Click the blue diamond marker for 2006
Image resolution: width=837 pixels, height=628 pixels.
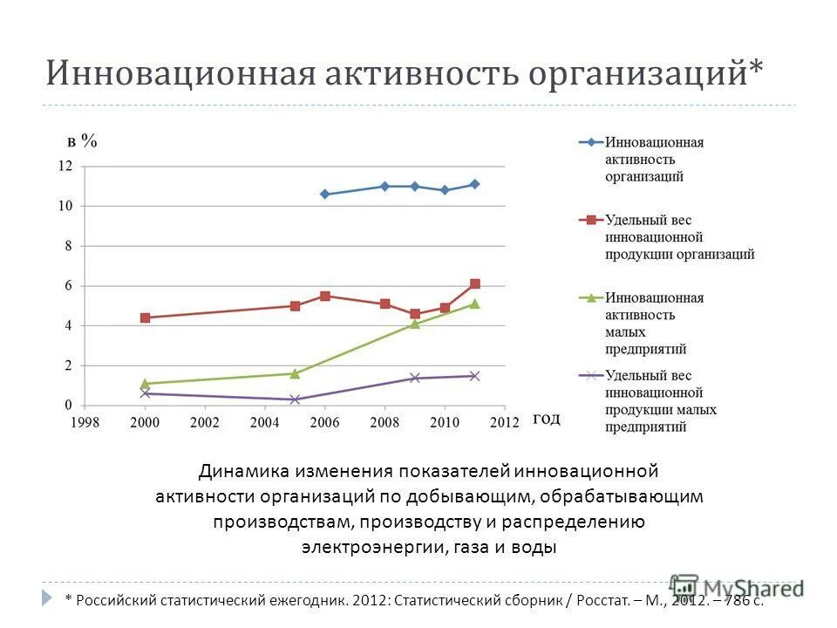(325, 195)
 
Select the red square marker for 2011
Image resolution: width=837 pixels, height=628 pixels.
(475, 283)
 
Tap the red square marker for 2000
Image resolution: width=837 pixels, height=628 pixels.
(145, 317)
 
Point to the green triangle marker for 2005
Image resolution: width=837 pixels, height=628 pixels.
(295, 373)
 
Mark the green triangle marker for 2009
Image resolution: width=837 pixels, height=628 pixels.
(415, 324)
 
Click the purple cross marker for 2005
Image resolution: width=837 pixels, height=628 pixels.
(295, 399)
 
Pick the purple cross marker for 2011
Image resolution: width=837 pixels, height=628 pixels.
(475, 376)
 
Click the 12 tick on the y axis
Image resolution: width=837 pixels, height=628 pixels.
(65, 166)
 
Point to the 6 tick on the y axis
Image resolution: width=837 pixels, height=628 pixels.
(68, 286)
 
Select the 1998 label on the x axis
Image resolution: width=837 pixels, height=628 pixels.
(85, 422)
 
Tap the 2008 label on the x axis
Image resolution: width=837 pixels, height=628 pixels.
(384, 422)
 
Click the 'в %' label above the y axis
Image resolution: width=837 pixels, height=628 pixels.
(83, 140)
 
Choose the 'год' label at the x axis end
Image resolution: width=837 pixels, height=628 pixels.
(547, 419)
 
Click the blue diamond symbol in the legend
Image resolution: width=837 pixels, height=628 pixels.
(590, 142)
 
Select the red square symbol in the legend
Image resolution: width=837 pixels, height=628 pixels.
(590, 220)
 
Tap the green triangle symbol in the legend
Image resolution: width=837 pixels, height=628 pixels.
(590, 297)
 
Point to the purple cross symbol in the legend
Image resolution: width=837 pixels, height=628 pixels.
(590, 375)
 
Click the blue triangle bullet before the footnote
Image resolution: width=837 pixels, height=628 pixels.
(47, 598)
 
